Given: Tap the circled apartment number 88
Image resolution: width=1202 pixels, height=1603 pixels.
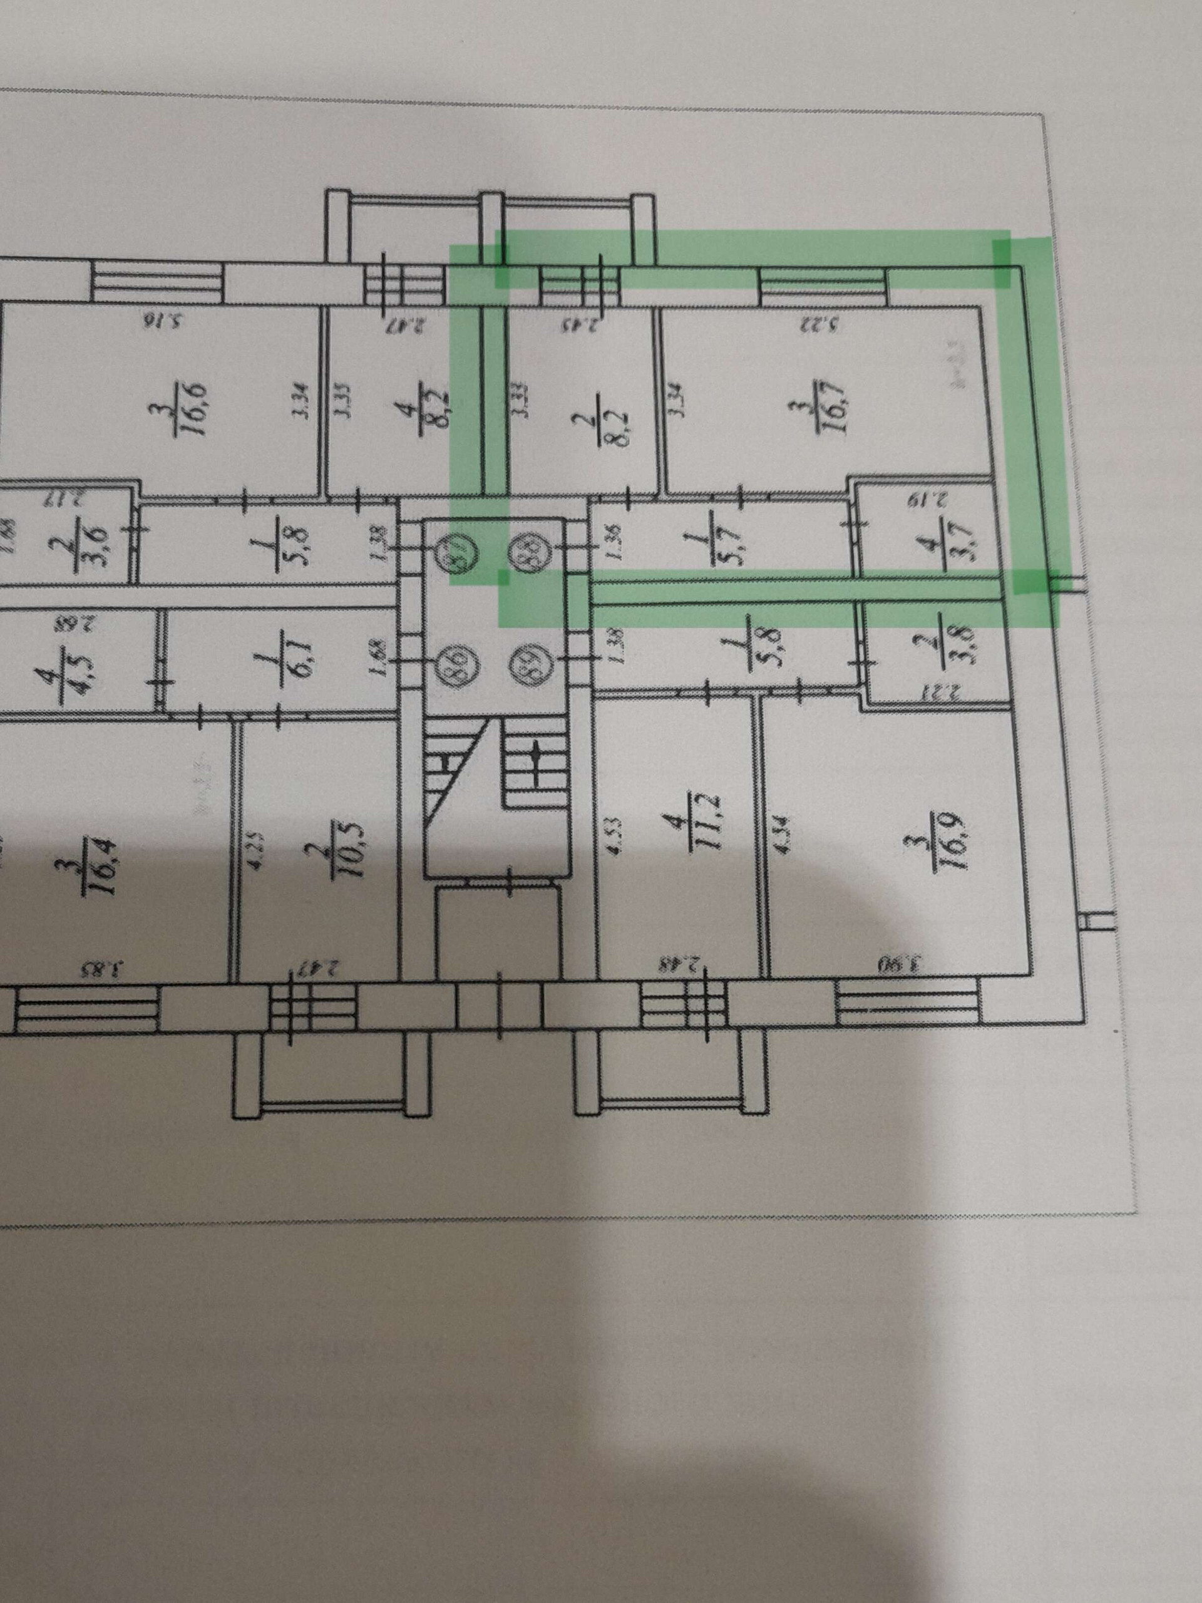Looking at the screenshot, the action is coord(529,549).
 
